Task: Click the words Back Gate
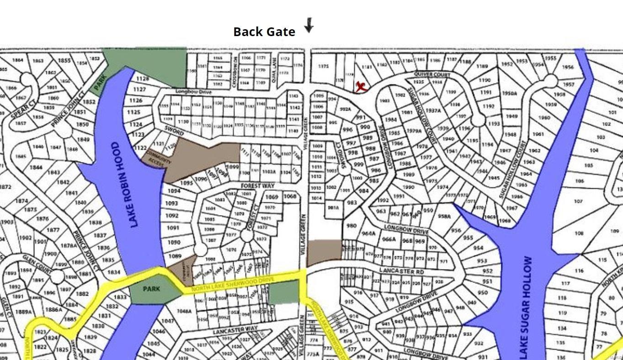tap(264, 32)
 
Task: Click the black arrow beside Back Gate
tap(309, 25)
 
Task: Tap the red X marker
tap(361, 86)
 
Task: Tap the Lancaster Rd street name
tap(396, 271)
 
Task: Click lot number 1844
tap(36, 167)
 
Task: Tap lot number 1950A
tap(509, 93)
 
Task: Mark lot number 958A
tap(444, 216)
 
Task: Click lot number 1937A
tap(432, 111)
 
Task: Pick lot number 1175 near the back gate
tap(323, 66)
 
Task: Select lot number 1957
tap(569, 85)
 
